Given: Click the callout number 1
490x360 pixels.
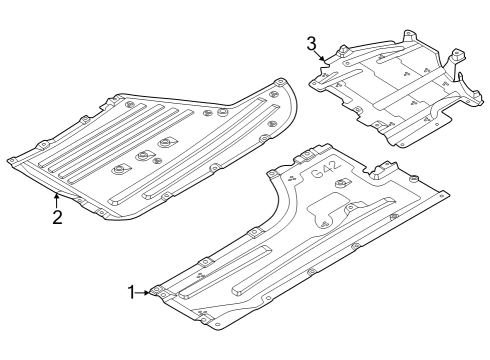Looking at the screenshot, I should click(x=130, y=291).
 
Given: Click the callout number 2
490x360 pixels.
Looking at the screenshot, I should click(x=57, y=217).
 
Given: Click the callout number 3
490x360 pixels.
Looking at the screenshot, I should click(x=311, y=43).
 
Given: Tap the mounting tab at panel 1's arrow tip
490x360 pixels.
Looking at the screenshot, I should click(x=157, y=292).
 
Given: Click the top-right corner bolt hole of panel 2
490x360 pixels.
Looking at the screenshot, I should click(x=280, y=83).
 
